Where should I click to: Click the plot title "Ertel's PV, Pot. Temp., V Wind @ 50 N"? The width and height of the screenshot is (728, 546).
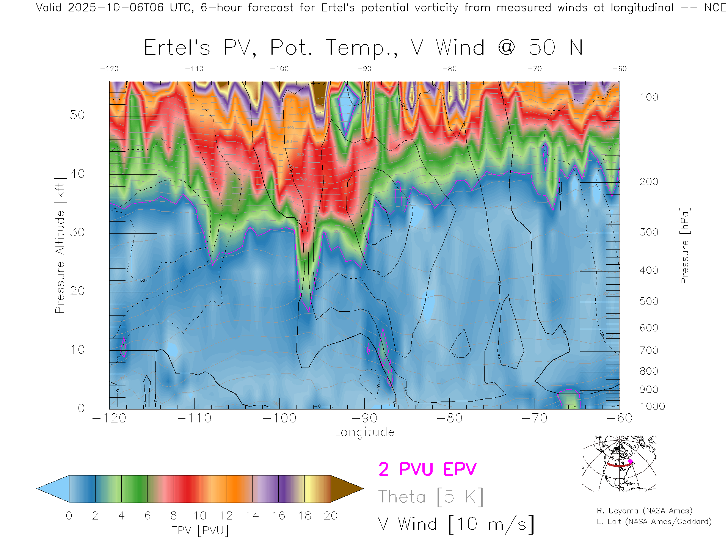363,48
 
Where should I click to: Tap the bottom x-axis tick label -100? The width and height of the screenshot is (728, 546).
279,418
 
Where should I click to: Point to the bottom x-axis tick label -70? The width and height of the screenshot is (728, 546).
534,418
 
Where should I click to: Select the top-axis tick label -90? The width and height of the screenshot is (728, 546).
364,69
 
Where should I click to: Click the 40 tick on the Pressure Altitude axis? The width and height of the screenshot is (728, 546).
77,174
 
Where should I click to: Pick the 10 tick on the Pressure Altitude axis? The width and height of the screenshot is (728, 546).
77,350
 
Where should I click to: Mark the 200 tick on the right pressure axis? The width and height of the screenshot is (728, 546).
649,182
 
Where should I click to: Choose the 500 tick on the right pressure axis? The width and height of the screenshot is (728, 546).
649,301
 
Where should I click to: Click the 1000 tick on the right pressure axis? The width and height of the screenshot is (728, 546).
652,406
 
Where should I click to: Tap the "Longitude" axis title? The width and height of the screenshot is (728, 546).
364,432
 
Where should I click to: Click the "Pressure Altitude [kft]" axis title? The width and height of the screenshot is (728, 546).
60,246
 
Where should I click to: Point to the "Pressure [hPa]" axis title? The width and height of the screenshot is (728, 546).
684,246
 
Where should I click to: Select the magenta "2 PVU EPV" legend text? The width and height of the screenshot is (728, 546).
427,469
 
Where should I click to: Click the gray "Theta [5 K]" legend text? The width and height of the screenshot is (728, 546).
431,497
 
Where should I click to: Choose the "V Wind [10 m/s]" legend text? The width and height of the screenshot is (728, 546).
456,524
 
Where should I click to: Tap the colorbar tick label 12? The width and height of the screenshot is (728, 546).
226,516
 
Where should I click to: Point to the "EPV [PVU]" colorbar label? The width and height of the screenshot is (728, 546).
200,530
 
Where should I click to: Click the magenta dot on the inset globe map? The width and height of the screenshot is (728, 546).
631,461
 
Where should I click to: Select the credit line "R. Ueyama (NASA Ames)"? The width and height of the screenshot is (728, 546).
645,511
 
